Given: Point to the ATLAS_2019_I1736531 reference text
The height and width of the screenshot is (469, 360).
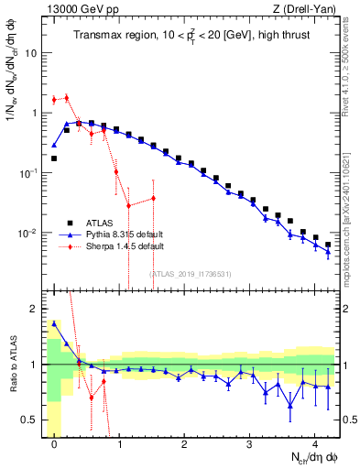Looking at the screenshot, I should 190,274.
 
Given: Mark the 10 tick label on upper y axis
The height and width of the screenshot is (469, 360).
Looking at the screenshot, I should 31,53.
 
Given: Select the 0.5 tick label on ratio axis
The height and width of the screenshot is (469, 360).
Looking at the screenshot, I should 31,420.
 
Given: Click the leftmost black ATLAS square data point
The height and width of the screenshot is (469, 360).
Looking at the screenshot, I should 55,158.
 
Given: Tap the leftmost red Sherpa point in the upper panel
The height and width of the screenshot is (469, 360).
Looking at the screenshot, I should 55,99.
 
